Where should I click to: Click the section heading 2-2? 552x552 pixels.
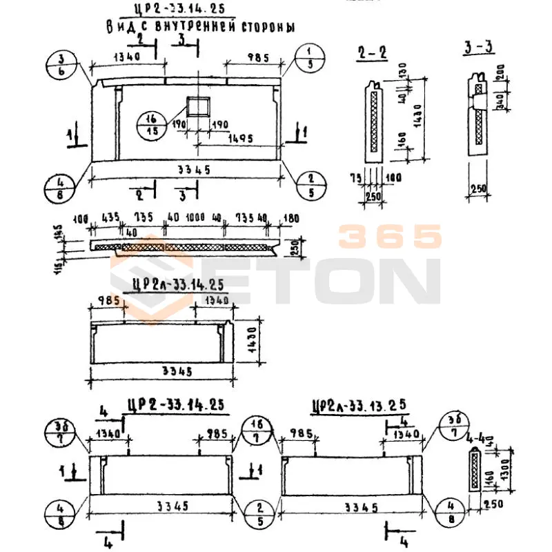point(373,52)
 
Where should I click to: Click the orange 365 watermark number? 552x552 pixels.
point(389,237)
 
